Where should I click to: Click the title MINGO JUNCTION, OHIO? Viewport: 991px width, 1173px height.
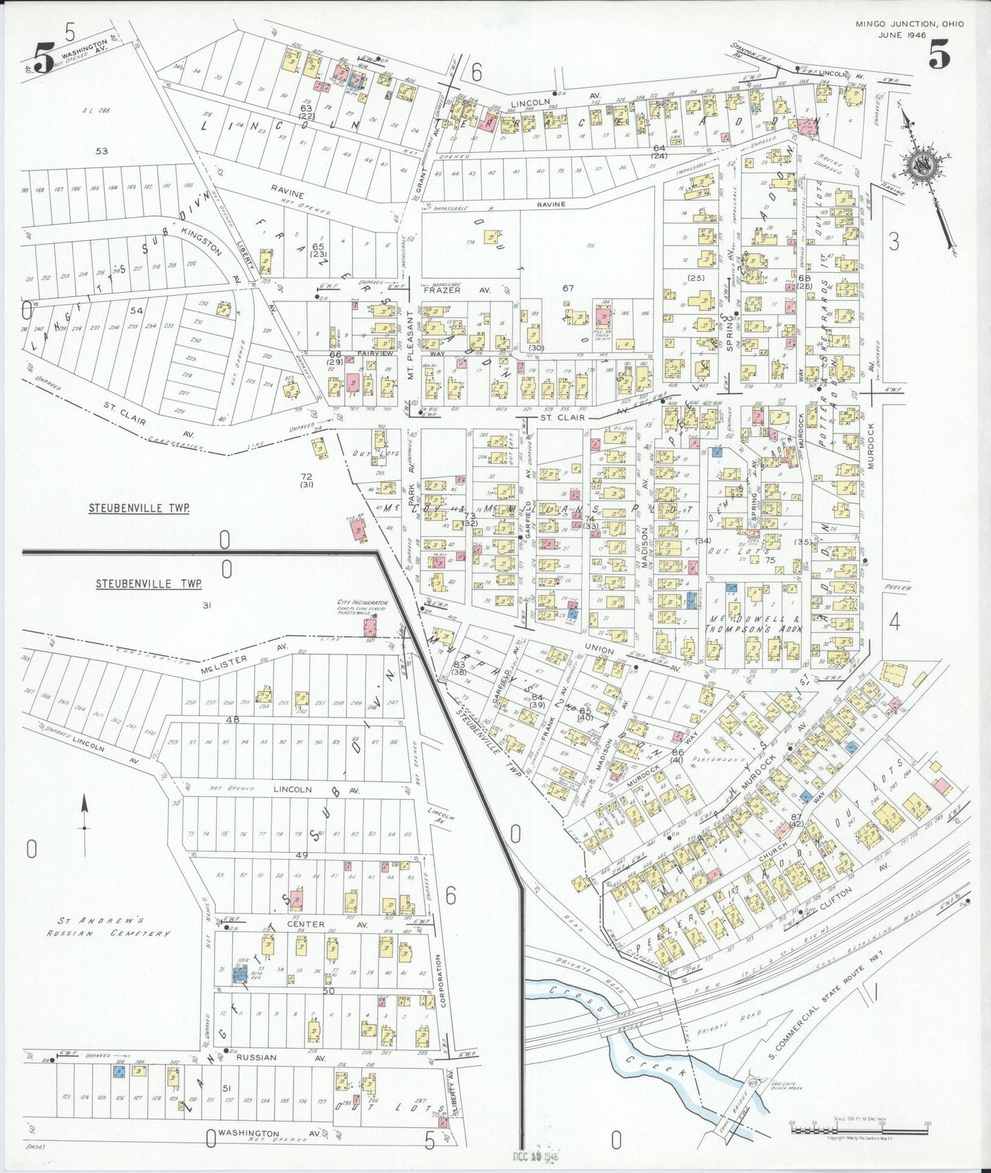[909, 24]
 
